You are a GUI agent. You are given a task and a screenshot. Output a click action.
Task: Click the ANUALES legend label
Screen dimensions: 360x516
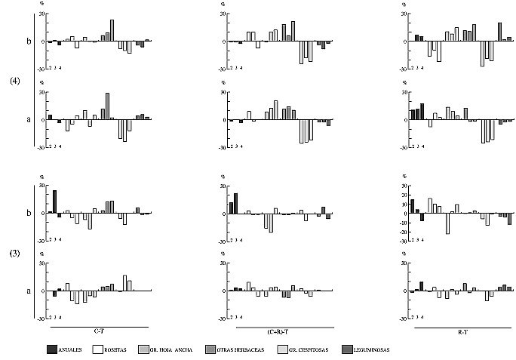click(x=70, y=350)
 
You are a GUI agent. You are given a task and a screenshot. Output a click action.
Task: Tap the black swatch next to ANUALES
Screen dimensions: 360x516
click(x=51, y=349)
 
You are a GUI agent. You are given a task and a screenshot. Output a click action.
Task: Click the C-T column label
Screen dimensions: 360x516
click(x=98, y=332)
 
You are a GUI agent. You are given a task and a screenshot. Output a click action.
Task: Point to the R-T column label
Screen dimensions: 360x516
click(x=463, y=332)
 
